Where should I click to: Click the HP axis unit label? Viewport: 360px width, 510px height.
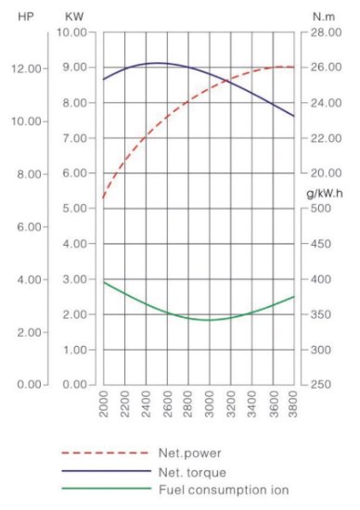pos(26,17)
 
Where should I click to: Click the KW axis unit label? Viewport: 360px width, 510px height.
pos(74,17)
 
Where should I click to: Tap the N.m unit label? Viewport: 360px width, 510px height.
pos(324,17)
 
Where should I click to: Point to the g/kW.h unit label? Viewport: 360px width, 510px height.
pos(324,194)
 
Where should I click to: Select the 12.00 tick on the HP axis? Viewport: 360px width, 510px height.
pos(27,69)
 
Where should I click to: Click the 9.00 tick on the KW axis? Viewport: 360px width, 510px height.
pos(75,68)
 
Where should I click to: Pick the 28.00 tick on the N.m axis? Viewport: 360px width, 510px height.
pos(327,32)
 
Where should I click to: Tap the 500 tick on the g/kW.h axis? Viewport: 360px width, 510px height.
pos(321,208)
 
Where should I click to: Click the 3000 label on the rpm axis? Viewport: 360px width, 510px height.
pos(210,404)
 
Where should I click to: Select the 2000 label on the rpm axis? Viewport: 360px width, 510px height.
pos(104,404)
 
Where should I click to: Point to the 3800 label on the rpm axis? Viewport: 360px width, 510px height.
pos(293,404)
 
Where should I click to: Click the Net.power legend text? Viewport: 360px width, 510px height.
pos(190,453)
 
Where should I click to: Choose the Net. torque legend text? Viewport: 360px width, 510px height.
pos(192,472)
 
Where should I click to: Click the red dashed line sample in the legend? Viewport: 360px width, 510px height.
pos(106,453)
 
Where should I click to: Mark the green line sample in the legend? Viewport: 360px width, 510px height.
pos(107,488)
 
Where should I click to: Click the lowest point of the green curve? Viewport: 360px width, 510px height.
pos(207,320)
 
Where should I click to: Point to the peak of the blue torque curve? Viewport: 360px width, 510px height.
pos(158,63)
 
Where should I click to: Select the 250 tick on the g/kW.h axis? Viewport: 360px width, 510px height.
pos(321,385)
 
